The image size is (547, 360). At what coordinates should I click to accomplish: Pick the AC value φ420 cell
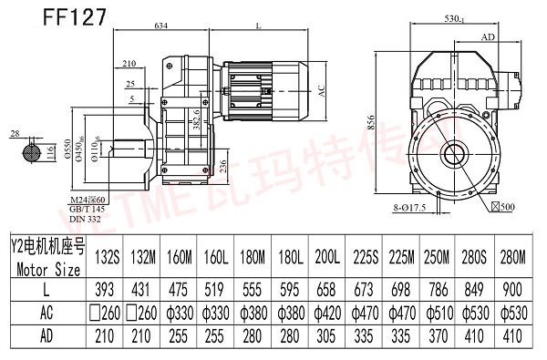pyautogui.click(x=325, y=314)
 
